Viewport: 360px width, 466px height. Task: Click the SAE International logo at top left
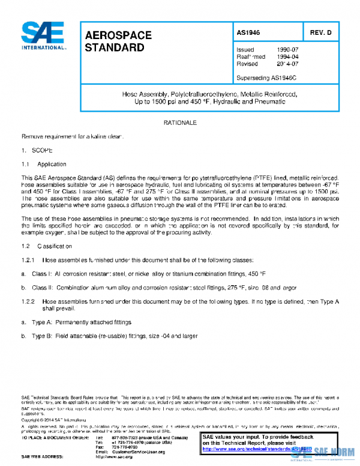tap(44, 37)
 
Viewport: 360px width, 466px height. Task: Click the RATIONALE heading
tap(180, 123)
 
